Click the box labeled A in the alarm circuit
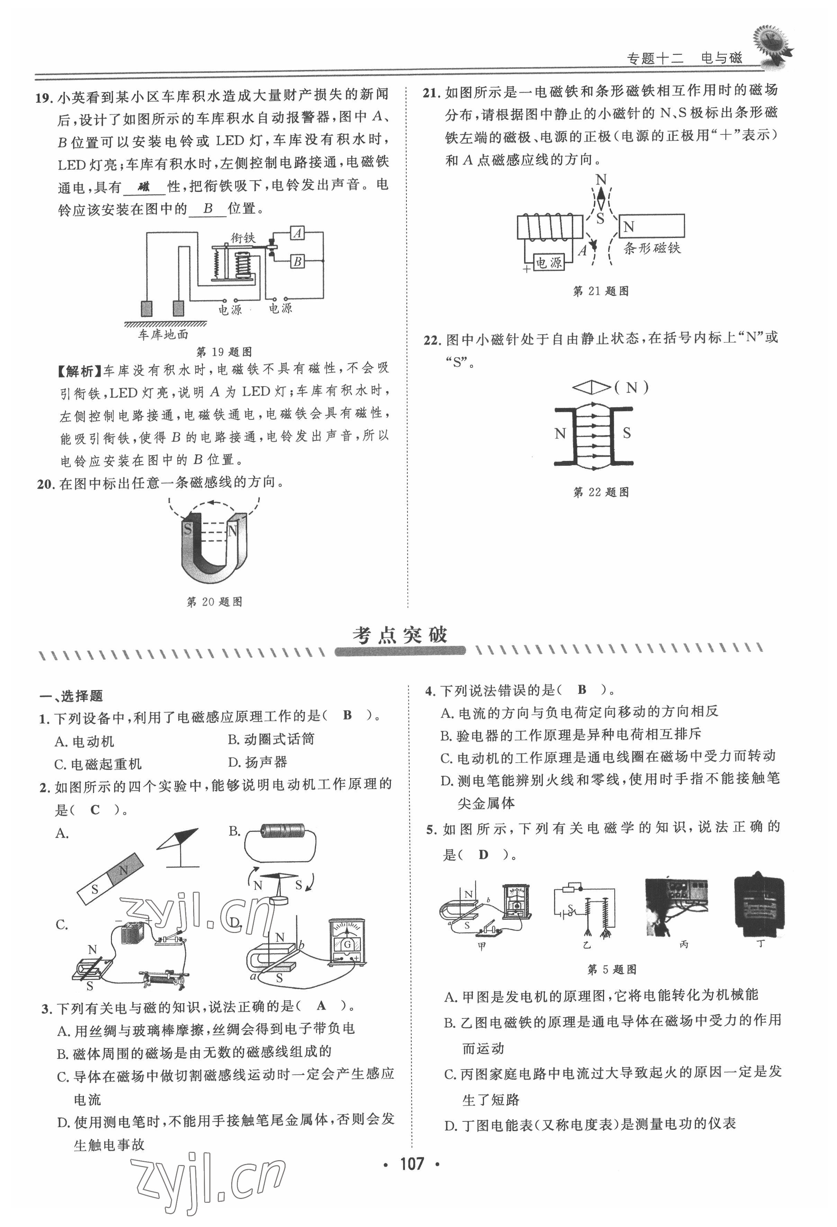pyautogui.click(x=298, y=233)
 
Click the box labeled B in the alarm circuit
pyautogui.click(x=298, y=261)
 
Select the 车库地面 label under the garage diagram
pyautogui.click(x=163, y=334)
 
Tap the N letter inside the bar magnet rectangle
pyautogui.click(x=629, y=227)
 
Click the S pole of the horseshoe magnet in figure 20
pyautogui.click(x=187, y=528)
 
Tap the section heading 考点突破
pyautogui.click(x=400, y=635)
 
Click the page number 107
pyautogui.click(x=412, y=1164)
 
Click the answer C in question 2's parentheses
pyautogui.click(x=95, y=810)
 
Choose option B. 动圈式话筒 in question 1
pyautogui.click(x=271, y=739)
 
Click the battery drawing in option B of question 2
pyautogui.click(x=283, y=831)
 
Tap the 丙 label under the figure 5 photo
pyautogui.click(x=684, y=944)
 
